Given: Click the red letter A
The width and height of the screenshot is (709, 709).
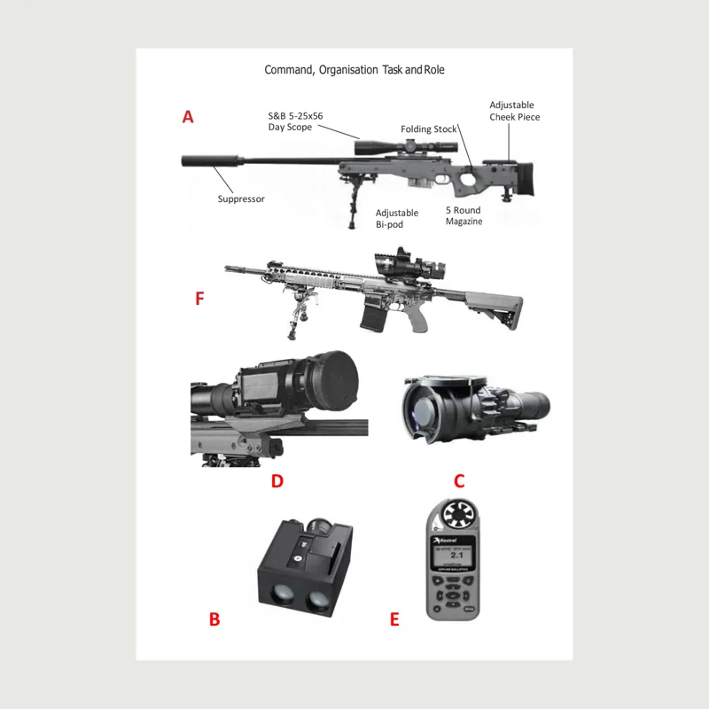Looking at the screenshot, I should [188, 117].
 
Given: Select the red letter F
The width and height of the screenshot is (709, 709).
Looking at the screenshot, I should [200, 299].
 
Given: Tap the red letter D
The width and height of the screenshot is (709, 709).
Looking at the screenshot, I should [277, 481].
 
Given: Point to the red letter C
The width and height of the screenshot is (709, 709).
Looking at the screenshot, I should [459, 481].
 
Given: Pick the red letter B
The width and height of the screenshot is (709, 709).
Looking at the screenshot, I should [214, 619].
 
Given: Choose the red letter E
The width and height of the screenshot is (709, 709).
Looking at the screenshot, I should [394, 619].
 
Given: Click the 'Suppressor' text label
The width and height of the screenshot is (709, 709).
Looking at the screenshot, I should [241, 199].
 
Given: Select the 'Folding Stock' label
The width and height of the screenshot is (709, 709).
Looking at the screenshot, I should [428, 129].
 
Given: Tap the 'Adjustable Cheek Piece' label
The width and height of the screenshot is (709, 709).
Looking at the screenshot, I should [514, 111].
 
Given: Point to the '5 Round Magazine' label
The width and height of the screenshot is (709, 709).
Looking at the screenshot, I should [464, 216].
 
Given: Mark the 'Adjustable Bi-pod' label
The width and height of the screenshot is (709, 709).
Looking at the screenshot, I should [396, 219].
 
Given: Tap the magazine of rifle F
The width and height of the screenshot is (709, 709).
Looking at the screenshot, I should [370, 316].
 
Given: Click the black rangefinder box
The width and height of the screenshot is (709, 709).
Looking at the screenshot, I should [304, 573].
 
